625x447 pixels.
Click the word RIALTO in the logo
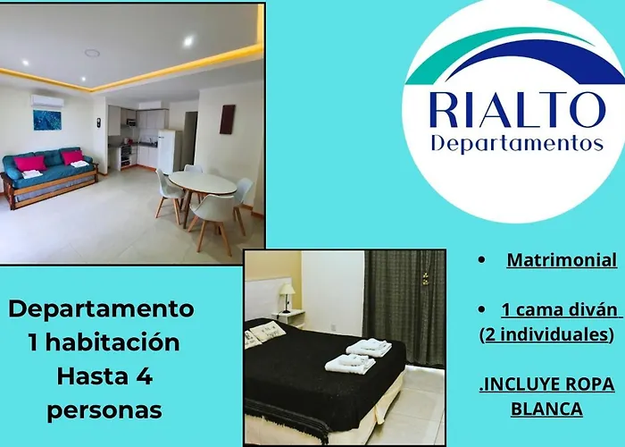coord(517,110)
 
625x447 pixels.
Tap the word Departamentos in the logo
coord(517,144)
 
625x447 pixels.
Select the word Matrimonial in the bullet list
coord(562,260)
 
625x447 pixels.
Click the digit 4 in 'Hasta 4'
coord(145,376)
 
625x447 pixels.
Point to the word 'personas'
coord(104,410)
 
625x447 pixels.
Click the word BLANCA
coord(546,409)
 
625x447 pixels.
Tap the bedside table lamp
coord(287,298)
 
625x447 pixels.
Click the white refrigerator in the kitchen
coord(166,150)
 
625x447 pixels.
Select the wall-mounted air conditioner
coord(47,101)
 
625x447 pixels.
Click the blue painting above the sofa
coord(47,120)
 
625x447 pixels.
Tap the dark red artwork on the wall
coord(227,119)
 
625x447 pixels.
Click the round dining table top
coord(202,182)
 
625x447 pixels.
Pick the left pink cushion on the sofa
coord(29,164)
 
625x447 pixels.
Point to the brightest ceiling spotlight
coord(188,41)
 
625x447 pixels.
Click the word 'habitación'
coord(112,342)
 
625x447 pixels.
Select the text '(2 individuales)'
coord(546,334)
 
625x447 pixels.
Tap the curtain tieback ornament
coord(426,278)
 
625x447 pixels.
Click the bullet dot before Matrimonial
coord(482,260)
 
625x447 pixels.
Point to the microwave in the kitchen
coord(131,122)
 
